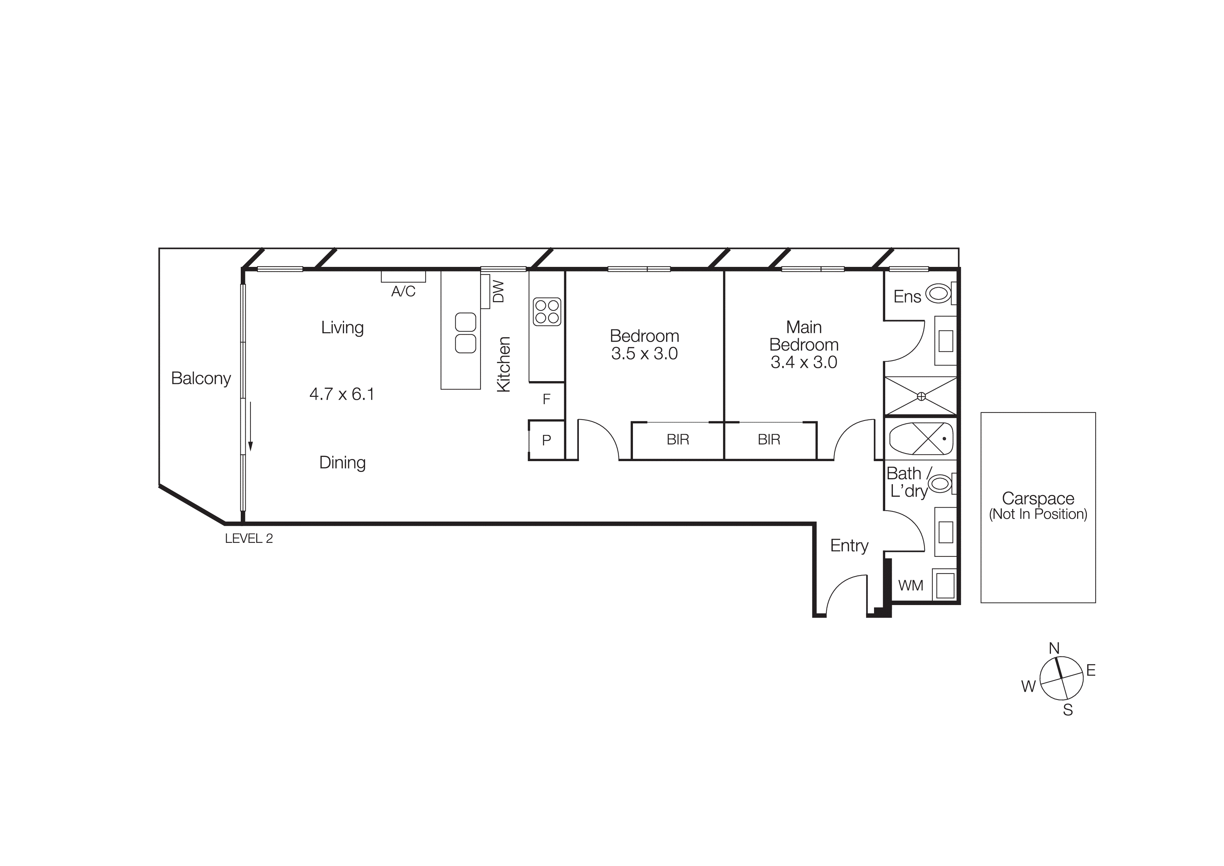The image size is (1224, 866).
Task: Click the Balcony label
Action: click(201, 378)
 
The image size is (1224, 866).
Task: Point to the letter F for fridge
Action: click(546, 399)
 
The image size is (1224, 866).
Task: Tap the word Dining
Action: click(342, 462)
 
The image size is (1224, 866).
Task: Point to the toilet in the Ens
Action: click(939, 293)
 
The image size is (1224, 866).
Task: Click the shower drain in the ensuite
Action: click(921, 396)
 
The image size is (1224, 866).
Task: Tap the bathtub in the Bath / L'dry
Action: click(921, 439)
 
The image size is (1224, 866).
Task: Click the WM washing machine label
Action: click(911, 586)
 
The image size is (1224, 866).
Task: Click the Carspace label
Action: click(1038, 499)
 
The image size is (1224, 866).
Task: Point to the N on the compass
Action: click(1054, 648)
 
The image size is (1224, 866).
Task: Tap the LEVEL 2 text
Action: click(249, 539)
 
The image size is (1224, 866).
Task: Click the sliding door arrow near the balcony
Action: click(250, 427)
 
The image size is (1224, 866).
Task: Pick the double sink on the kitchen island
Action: click(465, 333)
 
